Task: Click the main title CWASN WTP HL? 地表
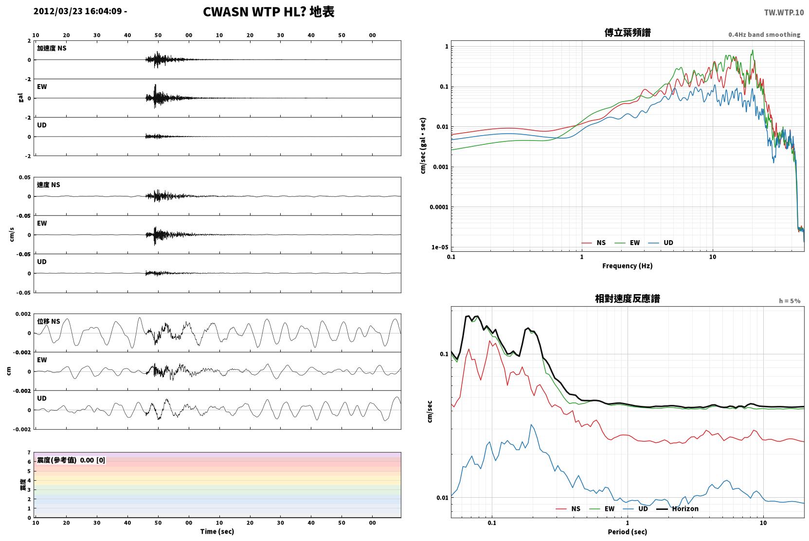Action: (x=269, y=12)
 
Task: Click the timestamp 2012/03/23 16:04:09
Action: (x=78, y=11)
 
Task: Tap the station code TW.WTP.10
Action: (x=784, y=12)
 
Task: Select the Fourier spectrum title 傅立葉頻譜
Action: (x=628, y=33)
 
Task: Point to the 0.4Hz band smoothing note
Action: (x=764, y=35)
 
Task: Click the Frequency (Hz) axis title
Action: (x=628, y=266)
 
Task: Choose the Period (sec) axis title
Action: (x=628, y=532)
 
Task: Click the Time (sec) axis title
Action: (x=217, y=531)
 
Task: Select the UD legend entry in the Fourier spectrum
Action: (x=661, y=243)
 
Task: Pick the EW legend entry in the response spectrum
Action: (x=602, y=508)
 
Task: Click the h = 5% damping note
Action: (x=790, y=300)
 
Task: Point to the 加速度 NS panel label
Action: (x=52, y=48)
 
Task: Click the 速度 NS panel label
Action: (x=48, y=185)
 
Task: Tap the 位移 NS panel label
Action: (x=48, y=321)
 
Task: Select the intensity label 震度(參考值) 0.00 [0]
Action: (x=71, y=460)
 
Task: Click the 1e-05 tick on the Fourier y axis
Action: (x=440, y=247)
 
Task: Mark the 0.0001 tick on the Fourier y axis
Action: (x=439, y=207)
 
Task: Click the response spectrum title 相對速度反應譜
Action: (x=628, y=298)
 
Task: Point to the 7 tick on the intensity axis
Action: (x=29, y=452)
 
